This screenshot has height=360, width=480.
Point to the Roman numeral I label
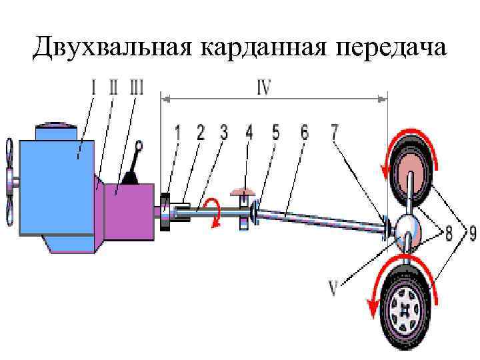point(94,87)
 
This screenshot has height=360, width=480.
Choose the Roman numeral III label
point(137,87)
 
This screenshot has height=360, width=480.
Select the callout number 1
point(178,132)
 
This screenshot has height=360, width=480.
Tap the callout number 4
point(249,132)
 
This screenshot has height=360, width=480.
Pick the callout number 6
point(304,132)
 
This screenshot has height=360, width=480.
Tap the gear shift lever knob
point(139,145)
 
